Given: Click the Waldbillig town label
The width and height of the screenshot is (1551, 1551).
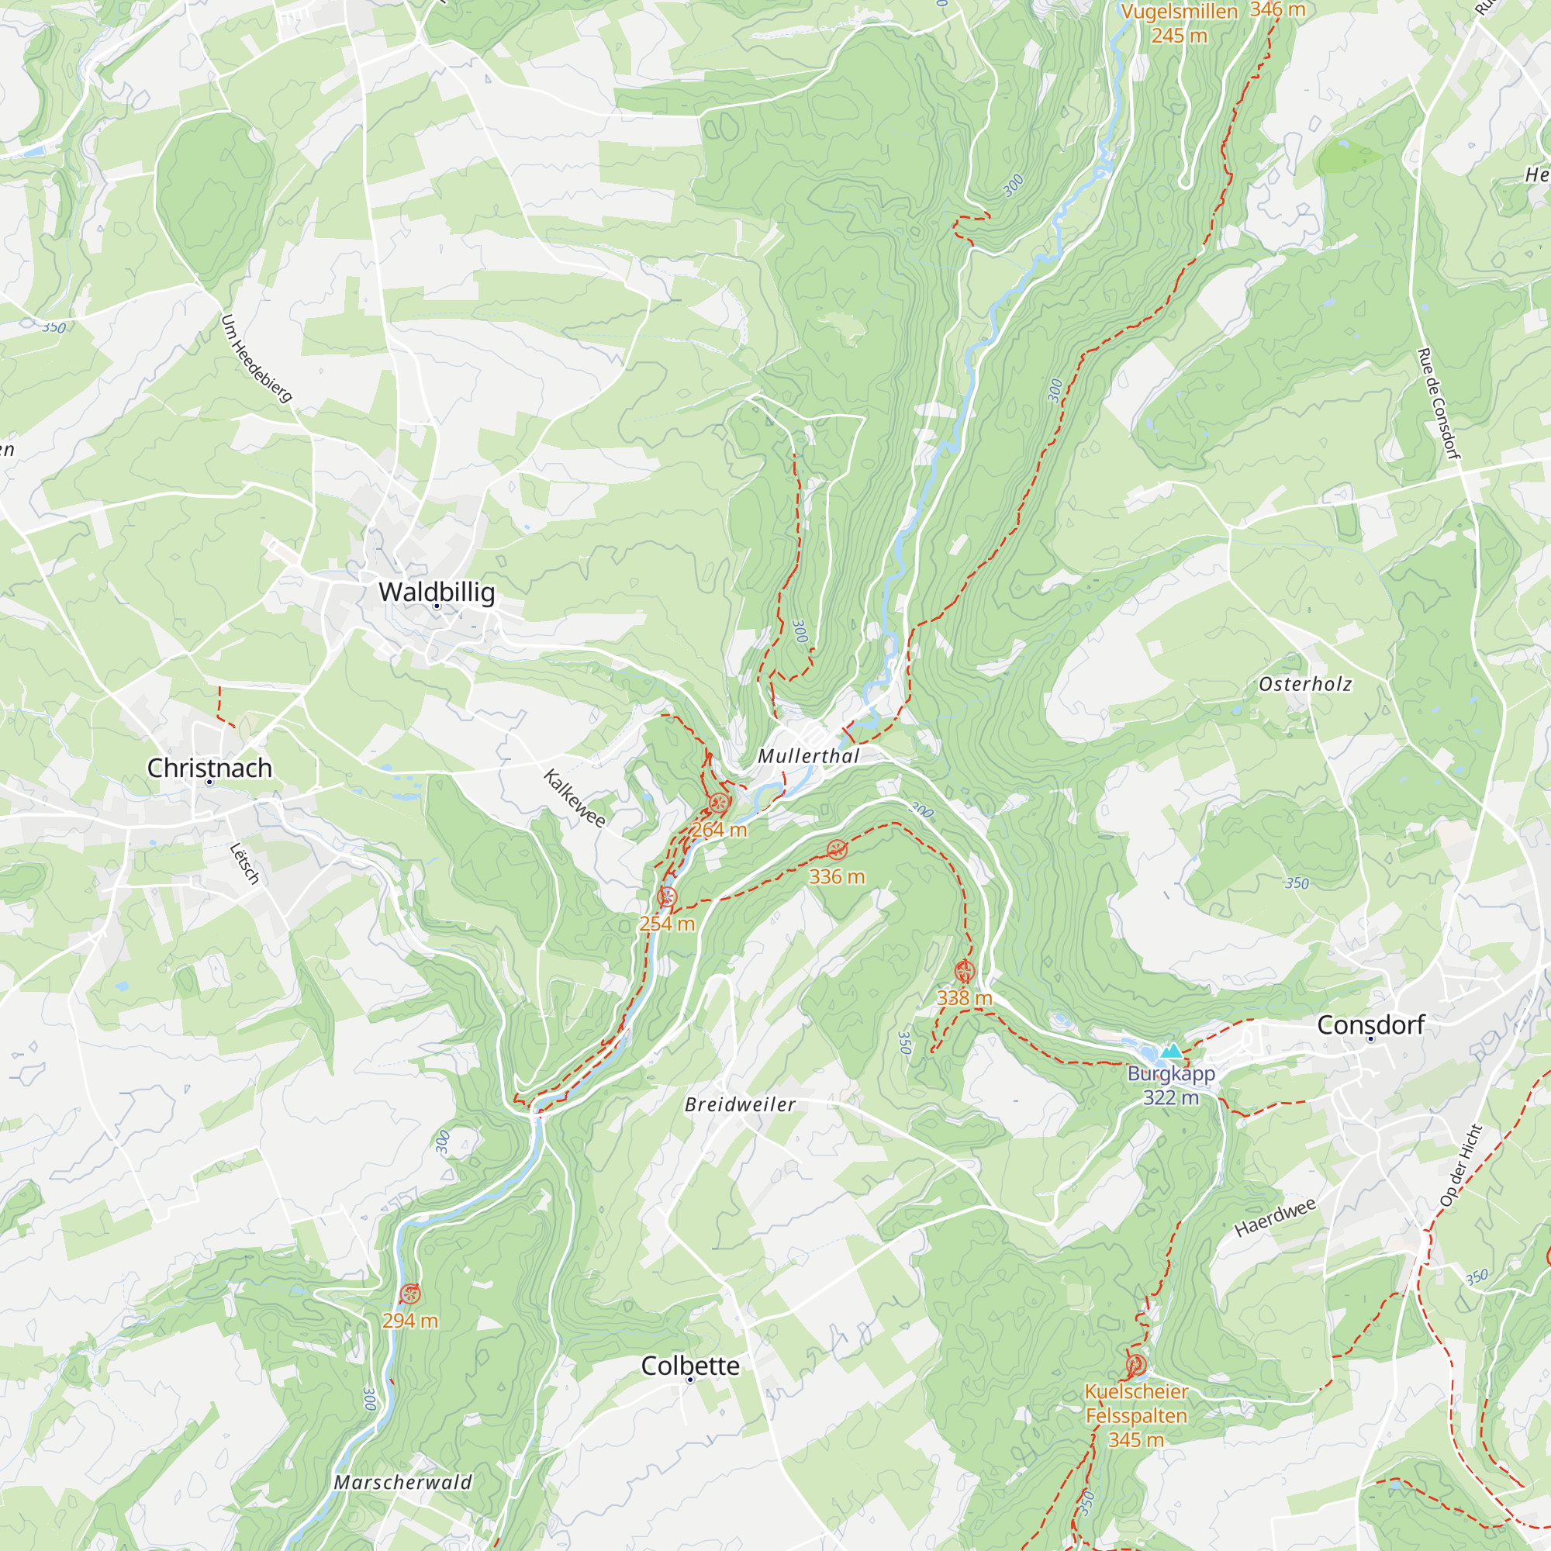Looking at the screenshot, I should point(437,592).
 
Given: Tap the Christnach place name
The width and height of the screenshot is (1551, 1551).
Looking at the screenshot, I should point(209,769).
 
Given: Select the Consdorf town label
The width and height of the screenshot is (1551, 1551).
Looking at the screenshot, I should point(1370,1025).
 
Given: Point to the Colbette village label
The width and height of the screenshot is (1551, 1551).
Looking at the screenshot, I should point(689,1366).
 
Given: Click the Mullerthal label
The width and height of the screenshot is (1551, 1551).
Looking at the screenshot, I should point(808,756).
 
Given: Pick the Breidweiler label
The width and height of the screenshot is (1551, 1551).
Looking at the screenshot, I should point(739,1104).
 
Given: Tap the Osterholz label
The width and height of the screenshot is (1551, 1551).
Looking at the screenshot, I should point(1305,684).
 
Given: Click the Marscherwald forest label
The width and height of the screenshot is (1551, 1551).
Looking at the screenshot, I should point(403,1483).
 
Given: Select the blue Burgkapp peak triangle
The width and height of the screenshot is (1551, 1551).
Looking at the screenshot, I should point(1171,1051).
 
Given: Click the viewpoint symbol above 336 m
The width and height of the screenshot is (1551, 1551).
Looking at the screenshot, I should point(837,849).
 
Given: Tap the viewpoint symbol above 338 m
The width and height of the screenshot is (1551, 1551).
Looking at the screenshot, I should point(964,971).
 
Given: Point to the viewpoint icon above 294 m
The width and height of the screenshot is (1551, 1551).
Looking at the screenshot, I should point(410,1294).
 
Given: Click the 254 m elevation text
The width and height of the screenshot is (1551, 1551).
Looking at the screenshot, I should point(666,924).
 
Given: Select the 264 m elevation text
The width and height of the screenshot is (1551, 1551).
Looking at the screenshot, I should point(720,830).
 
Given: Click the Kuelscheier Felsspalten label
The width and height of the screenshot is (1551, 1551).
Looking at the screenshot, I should point(1136,1404).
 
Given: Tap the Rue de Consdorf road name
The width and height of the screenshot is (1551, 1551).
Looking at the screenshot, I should point(1438,404).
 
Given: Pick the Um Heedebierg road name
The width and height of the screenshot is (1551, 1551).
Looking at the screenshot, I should point(256,358).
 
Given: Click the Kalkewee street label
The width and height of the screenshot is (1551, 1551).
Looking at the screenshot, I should point(574,798).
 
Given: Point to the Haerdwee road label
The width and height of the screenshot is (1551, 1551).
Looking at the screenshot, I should point(1275,1218).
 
